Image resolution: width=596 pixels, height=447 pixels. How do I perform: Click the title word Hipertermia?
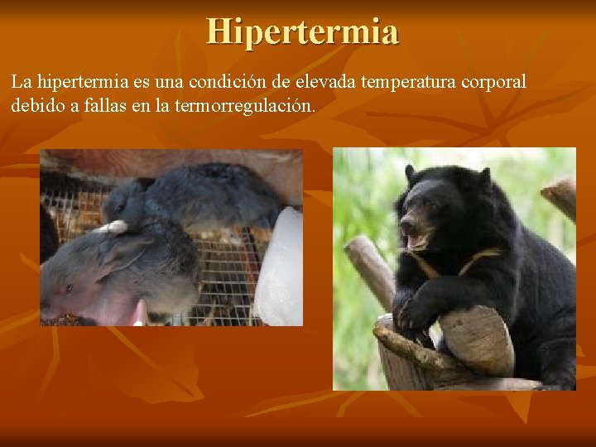click(x=303, y=31)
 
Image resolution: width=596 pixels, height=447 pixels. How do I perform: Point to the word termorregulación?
click(x=245, y=106)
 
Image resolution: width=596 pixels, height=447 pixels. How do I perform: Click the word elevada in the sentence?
click(x=320, y=83)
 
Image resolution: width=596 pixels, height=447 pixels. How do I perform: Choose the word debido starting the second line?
click(x=37, y=106)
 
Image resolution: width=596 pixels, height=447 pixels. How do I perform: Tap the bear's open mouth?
click(x=416, y=240)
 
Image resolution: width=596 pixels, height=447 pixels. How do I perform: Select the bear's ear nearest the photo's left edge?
click(x=410, y=174)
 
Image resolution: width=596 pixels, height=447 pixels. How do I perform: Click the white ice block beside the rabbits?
click(x=280, y=265)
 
